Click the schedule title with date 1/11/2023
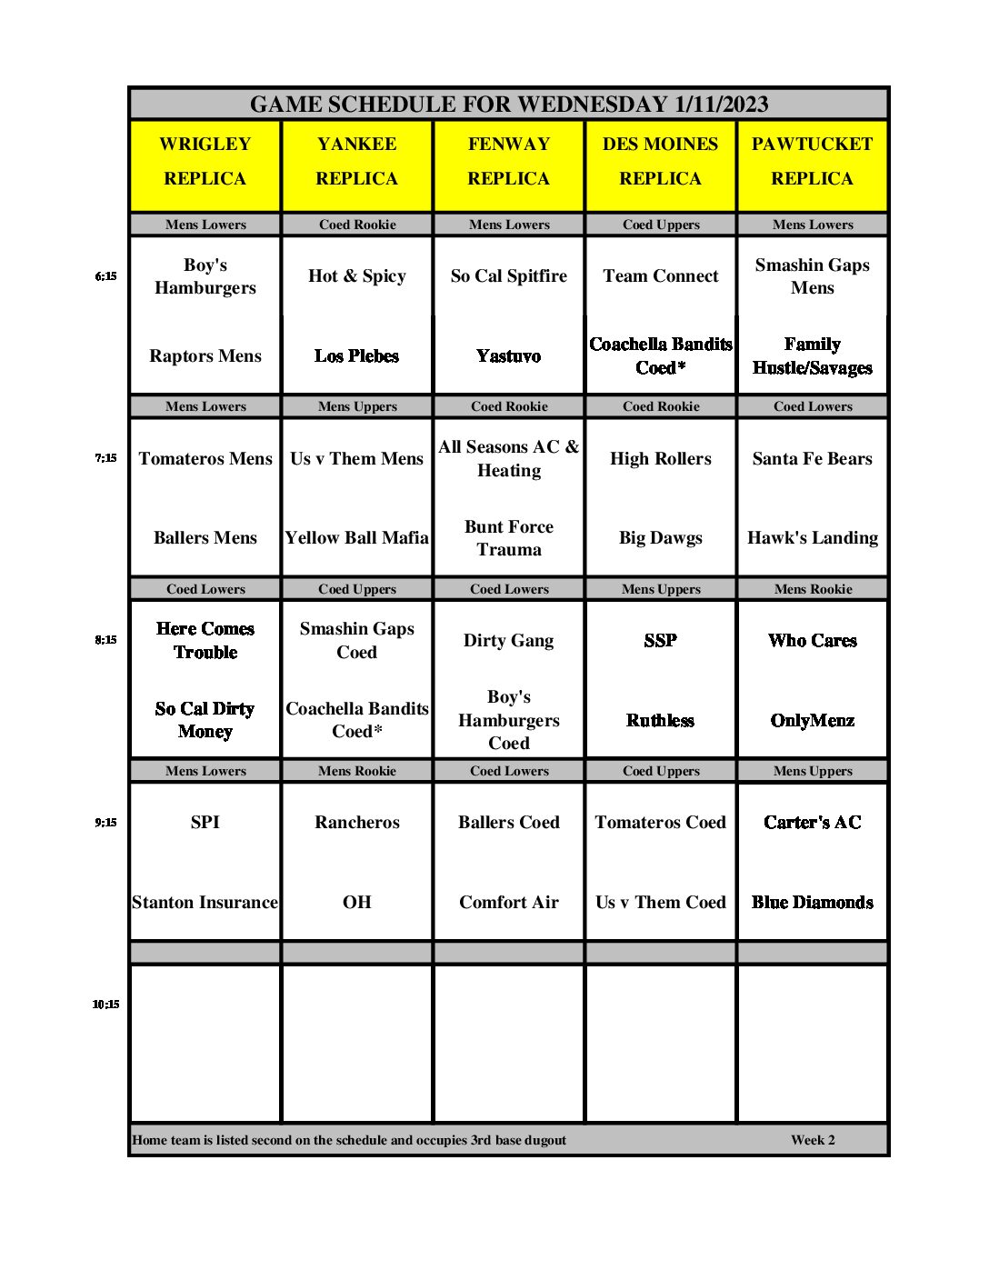tap(509, 105)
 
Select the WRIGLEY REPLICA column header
tap(205, 162)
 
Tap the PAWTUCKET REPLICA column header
tap(812, 162)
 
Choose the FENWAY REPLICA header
tap(509, 162)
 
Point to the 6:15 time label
tap(105, 276)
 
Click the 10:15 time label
tap(105, 1005)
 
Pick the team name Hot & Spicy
tap(357, 276)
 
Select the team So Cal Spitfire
tap(509, 276)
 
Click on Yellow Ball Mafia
tap(357, 538)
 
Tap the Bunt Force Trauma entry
tap(509, 538)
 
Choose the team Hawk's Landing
tap(813, 538)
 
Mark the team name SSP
tap(661, 641)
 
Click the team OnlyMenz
tap(813, 721)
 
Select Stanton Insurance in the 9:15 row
tap(205, 903)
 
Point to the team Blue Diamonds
tap(813, 903)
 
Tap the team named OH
tap(357, 903)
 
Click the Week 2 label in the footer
tap(813, 1140)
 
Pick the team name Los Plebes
tap(357, 356)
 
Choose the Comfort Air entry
tap(509, 903)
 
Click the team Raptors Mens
tap(205, 356)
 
